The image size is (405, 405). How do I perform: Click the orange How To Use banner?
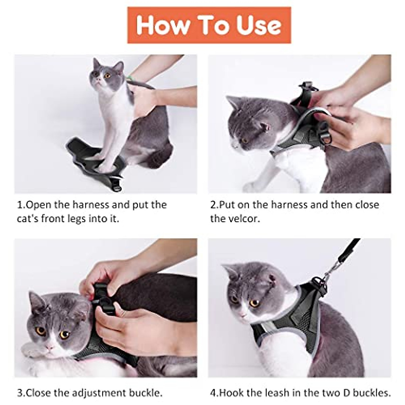(209, 25)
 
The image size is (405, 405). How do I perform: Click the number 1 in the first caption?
(20, 205)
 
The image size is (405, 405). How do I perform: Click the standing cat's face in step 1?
(103, 74)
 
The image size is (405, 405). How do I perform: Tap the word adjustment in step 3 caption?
(98, 393)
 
